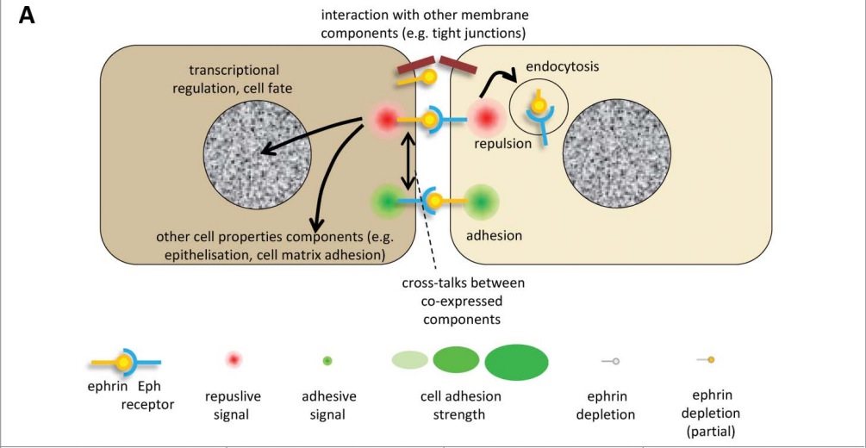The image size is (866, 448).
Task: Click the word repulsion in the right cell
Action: (x=503, y=144)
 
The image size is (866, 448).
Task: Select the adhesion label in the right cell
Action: (x=494, y=233)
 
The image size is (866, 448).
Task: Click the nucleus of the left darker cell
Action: (x=258, y=154)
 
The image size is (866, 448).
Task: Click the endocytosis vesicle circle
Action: (x=539, y=110)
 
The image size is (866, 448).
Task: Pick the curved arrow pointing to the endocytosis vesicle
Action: (x=489, y=82)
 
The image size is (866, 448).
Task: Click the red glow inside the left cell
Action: (x=383, y=120)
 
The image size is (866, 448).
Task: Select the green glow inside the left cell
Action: (x=386, y=202)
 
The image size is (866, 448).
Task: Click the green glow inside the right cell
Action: (x=481, y=202)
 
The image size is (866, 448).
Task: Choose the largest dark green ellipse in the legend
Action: (x=517, y=362)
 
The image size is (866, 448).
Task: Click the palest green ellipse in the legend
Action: (x=410, y=359)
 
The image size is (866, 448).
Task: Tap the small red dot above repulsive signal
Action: (x=233, y=360)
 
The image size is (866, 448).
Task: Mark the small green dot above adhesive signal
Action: (x=327, y=360)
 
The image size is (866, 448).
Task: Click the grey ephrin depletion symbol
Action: (x=611, y=361)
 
